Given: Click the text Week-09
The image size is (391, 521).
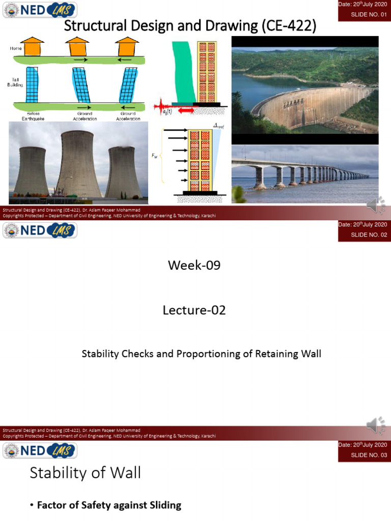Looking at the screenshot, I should click(194, 265).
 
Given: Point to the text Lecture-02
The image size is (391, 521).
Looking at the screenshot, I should click(194, 310).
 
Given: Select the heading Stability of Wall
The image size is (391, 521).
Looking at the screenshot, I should click(85, 473).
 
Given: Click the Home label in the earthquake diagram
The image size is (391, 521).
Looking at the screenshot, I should click(16, 49).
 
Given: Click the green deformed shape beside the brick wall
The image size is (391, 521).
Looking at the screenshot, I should click(183, 71).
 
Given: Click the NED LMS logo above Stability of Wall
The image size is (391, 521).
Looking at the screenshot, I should click(40, 450).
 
